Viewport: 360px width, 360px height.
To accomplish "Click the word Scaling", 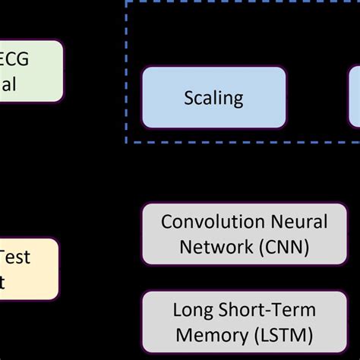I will pyautogui.click(x=213, y=97).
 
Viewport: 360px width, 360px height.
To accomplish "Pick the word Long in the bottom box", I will pyautogui.click(x=192, y=310).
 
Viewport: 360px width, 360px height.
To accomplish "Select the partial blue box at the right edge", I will pyautogui.click(x=355, y=96).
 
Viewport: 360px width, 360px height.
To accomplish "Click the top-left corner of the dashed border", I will pyautogui.click(x=126, y=2).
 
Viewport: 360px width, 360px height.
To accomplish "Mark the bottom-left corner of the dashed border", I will pyautogui.click(x=126, y=142).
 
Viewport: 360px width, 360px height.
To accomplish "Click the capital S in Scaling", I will pyautogui.click(x=189, y=97).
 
